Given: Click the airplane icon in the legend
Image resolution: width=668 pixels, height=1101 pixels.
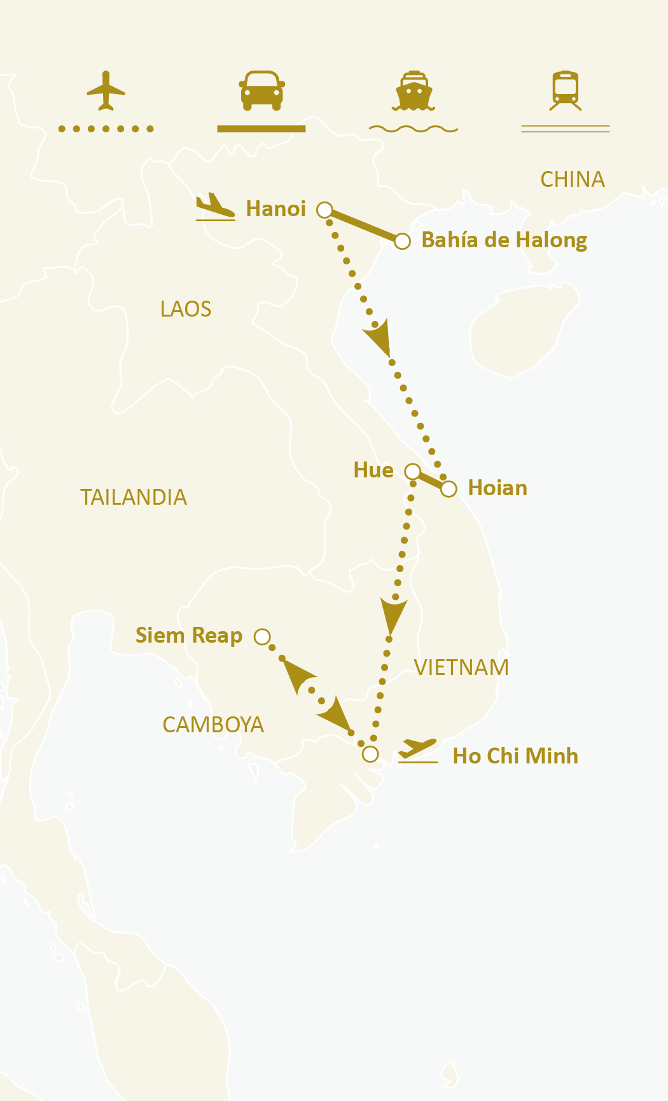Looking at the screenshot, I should [106, 91].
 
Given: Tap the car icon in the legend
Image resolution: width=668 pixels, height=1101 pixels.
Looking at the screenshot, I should [261, 90].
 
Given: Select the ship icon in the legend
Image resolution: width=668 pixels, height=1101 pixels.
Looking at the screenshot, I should [414, 91].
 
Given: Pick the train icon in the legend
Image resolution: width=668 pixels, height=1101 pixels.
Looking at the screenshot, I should [565, 90].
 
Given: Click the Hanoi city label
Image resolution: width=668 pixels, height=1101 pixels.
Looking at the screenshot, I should [275, 209].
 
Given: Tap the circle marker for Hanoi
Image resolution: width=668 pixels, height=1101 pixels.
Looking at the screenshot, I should [324, 210].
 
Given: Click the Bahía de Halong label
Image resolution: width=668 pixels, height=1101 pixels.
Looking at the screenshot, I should [504, 240].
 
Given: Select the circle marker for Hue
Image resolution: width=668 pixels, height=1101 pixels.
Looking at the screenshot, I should [412, 471].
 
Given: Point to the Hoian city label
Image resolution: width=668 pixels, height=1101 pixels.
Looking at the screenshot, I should [497, 488].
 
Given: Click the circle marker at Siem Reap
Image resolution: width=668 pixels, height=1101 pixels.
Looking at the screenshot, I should [262, 636].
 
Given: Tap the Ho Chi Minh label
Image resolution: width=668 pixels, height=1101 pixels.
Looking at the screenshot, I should [515, 756].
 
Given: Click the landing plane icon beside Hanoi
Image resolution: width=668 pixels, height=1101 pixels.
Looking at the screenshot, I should [215, 207].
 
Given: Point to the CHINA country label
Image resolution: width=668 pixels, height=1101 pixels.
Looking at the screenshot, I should [572, 180].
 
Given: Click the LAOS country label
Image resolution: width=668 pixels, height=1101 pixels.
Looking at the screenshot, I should [186, 310].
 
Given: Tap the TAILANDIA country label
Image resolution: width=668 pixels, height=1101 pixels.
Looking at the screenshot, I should [134, 497].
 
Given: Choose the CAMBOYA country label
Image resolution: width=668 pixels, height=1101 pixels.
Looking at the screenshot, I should [213, 725].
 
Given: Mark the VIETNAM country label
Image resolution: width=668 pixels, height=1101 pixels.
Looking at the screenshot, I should [461, 667].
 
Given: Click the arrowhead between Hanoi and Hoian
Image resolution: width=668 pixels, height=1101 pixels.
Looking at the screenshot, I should [379, 338].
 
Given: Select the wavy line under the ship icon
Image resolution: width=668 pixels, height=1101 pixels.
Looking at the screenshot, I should [414, 129].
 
